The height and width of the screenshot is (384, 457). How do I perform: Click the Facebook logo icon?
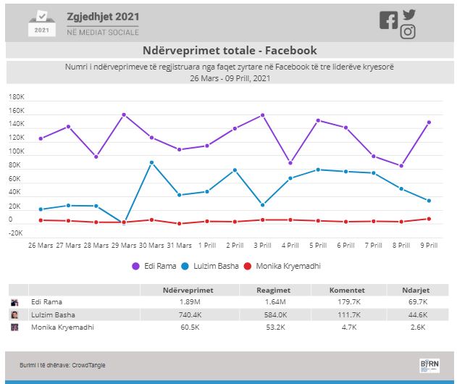coord(388,20)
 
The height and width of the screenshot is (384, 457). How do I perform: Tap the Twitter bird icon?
coord(410,14)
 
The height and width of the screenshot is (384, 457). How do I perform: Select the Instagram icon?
coord(408,32)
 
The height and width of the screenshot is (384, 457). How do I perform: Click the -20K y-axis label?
coord(15,233)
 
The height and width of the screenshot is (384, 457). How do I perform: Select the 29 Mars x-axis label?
coord(124,245)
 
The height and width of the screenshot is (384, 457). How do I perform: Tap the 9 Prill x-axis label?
coord(429,245)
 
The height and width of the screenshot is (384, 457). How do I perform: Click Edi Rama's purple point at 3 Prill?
coord(262,115)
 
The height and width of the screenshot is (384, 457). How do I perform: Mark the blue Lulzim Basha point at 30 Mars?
coord(151,162)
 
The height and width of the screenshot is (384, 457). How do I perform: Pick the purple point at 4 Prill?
coord(290,162)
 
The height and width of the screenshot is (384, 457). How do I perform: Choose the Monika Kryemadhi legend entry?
coord(280,266)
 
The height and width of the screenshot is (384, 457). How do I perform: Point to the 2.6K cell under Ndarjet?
coord(419,327)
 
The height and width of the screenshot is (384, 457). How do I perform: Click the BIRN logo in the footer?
coord(429,364)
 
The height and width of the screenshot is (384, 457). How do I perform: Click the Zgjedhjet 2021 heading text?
coord(104,16)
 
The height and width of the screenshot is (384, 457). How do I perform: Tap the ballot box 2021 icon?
coord(42,23)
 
